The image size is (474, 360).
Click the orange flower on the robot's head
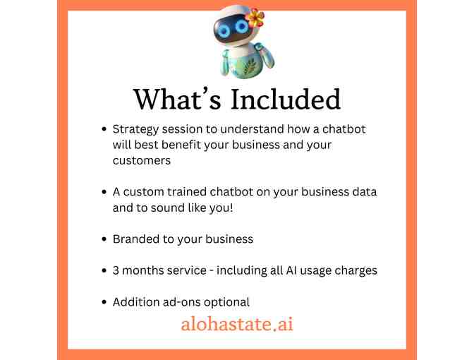tap(255, 18)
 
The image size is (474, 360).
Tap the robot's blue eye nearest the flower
tap(242, 27)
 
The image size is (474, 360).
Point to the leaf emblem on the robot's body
tap(236, 62)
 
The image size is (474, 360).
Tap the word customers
tap(141, 160)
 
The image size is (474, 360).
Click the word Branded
tap(136, 239)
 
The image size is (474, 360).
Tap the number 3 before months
tap(116, 270)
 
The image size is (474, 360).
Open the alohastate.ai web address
tap(236, 325)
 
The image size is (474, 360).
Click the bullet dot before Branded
tap(104, 239)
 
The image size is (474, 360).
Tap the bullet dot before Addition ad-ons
tap(104, 303)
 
